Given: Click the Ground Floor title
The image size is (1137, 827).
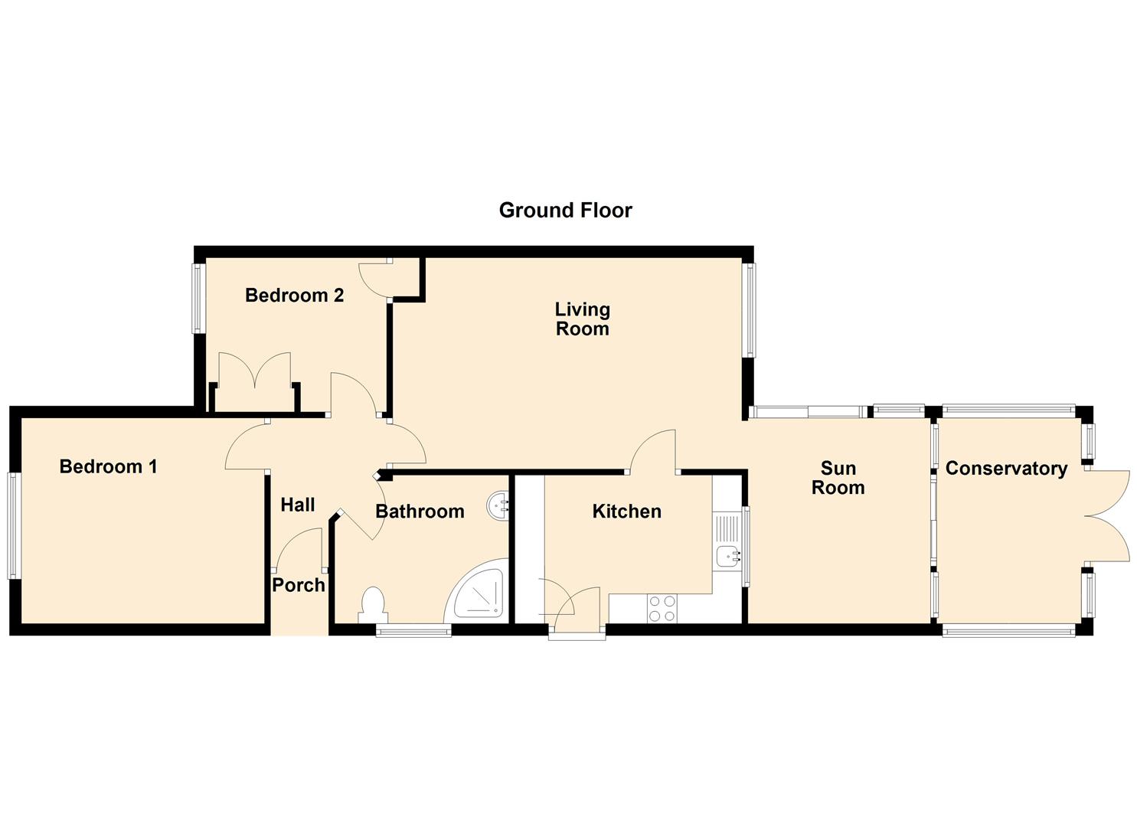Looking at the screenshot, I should point(565,211).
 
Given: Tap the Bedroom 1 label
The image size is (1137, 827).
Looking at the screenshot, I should point(108,466).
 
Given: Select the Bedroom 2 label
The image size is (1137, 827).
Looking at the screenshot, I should point(294,296).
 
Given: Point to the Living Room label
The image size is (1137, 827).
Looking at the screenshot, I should point(583,319).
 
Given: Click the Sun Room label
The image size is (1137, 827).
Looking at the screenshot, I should point(838,478).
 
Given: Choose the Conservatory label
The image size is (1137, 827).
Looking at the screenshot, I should point(1006,469).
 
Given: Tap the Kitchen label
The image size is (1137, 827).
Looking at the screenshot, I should point(626,512).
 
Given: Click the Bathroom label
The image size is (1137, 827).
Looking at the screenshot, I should point(420,512).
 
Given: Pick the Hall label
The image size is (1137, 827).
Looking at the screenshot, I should point(298,505).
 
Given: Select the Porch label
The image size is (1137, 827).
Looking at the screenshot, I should point(299,585).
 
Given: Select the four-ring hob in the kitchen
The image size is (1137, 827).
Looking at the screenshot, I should point(662,608).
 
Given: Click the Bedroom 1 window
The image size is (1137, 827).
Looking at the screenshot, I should point(13,525).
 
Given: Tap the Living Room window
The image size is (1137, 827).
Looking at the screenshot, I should point(750,309).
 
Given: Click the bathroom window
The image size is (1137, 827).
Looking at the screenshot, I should point(413,630).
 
